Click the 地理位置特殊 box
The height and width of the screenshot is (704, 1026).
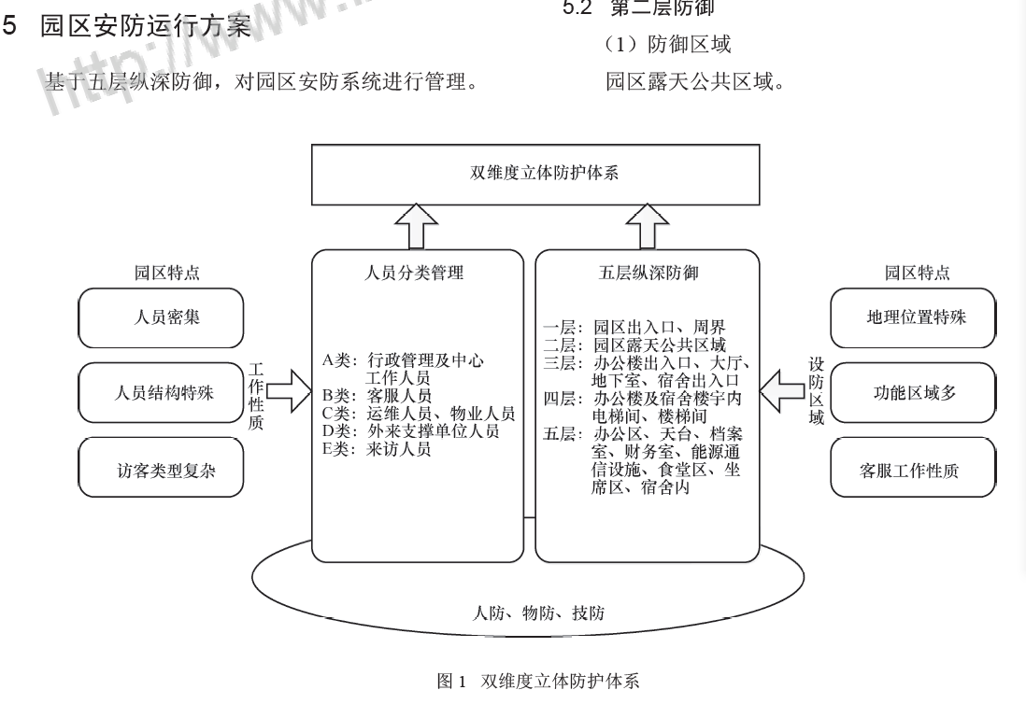point(916,317)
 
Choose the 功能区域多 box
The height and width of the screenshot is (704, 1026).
point(916,392)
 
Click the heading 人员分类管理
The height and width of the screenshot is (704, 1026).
point(416,274)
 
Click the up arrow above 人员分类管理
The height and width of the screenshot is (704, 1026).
point(417,226)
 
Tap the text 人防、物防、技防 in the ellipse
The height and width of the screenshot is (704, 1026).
point(539,613)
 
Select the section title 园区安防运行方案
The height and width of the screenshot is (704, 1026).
point(145,26)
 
